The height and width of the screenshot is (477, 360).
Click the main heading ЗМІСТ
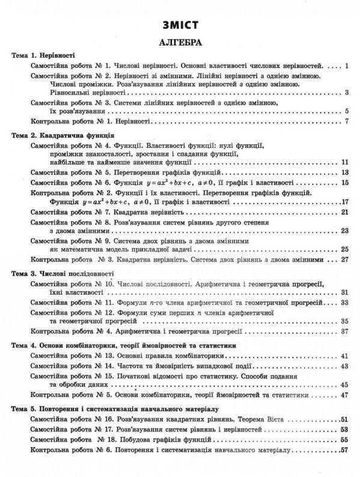tap(179, 26)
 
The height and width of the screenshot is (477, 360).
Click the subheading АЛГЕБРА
tap(179, 43)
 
